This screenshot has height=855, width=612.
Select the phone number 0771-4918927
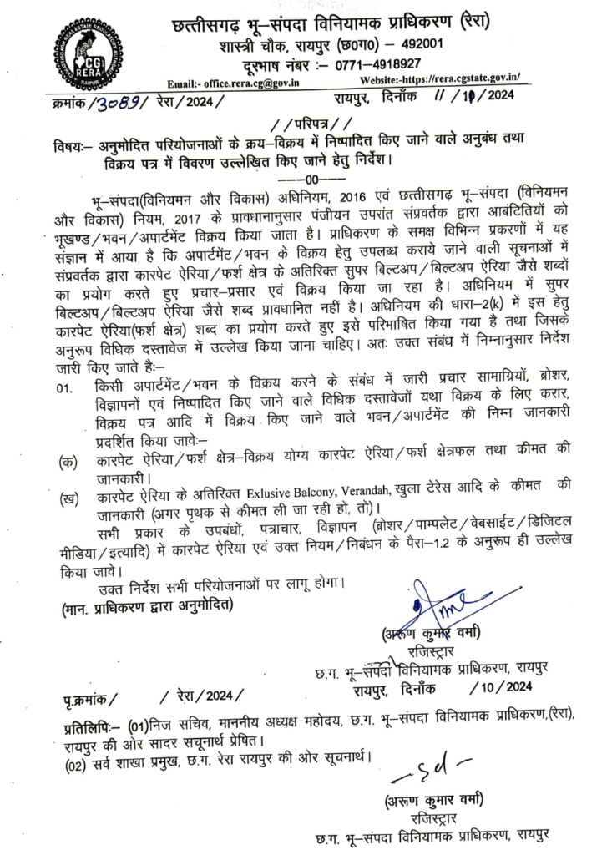[x=378, y=63]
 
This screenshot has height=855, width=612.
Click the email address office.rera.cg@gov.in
[x=250, y=83]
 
